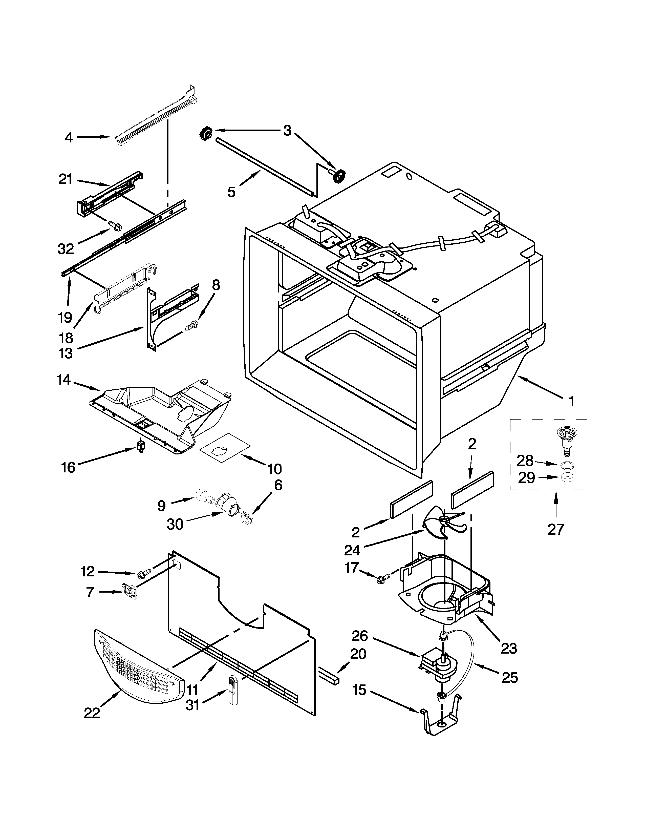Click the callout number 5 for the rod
pyautogui.click(x=231, y=192)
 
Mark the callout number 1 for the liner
pyautogui.click(x=571, y=402)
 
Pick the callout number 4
pyautogui.click(x=69, y=137)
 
